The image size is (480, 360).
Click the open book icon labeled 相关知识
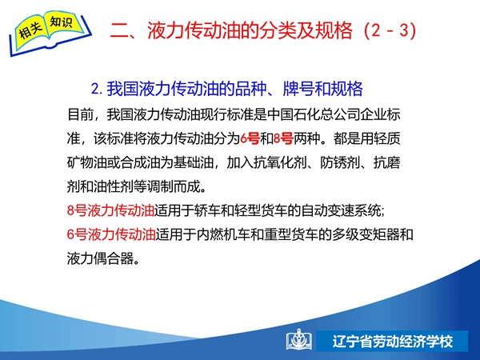(50, 33)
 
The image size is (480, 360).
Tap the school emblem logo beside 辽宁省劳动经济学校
(299, 340)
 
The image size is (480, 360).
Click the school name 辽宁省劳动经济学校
(393, 342)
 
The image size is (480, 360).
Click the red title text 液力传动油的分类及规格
(250, 30)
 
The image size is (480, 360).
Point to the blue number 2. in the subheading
(97, 89)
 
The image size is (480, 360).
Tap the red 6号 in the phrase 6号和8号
(250, 138)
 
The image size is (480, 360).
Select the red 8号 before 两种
(283, 138)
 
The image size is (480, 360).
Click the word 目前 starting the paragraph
(80, 114)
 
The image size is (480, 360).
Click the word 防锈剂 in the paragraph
(340, 162)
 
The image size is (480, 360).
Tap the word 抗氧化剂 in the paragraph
(280, 162)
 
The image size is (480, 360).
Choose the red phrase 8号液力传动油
(110, 211)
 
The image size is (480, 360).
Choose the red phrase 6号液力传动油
(111, 234)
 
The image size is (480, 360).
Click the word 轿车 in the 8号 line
(207, 211)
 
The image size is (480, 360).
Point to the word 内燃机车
(222, 234)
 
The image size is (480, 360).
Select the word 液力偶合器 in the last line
(101, 258)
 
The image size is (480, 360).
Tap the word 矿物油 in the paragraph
(87, 162)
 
